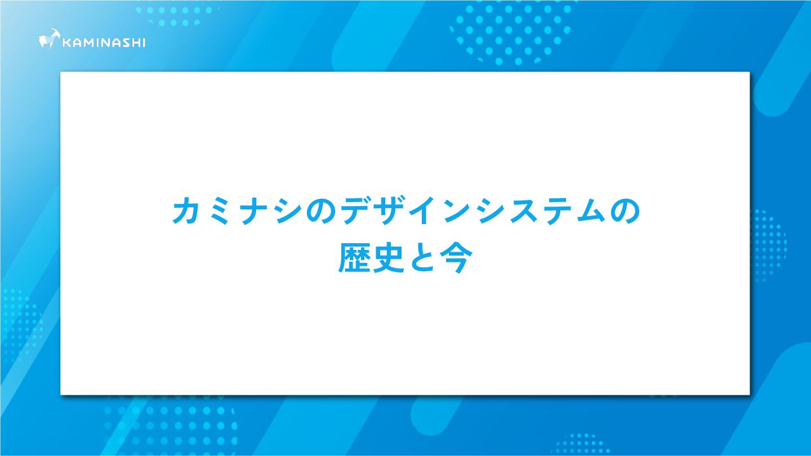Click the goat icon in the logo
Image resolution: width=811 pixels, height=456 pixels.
pyautogui.click(x=49, y=39)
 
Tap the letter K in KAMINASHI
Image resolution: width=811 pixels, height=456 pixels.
pyautogui.click(x=67, y=43)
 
